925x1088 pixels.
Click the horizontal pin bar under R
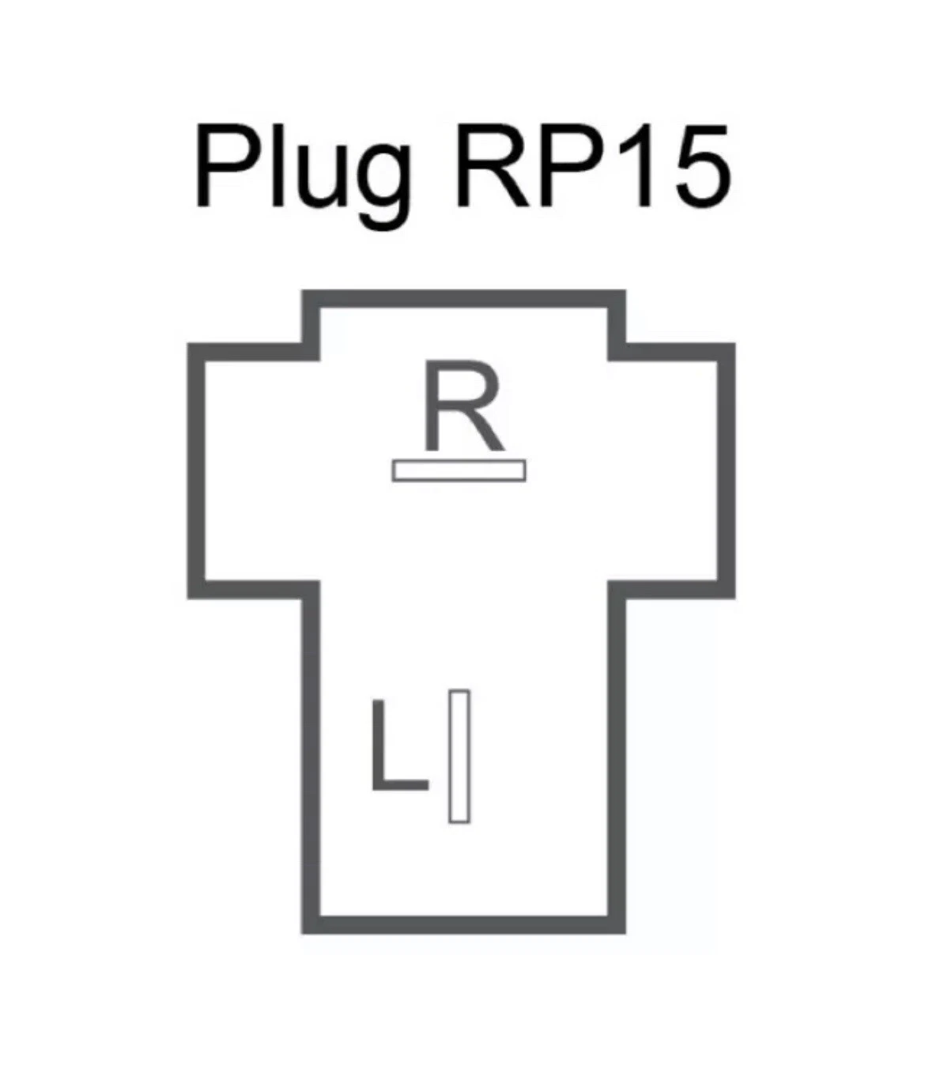459,470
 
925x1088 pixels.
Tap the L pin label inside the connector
398,746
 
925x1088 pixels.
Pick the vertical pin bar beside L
459,756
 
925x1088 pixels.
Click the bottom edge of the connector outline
463,924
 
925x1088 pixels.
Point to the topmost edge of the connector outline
463,300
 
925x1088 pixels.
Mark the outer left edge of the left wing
196,470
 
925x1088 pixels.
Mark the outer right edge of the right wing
727,470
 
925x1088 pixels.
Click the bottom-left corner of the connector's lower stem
311,924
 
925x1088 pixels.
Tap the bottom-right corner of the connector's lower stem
617,924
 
